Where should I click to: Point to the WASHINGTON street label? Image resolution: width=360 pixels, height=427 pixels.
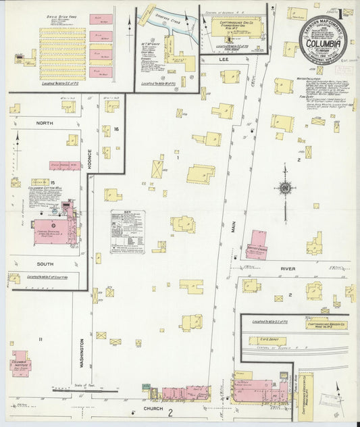click(x=82, y=353)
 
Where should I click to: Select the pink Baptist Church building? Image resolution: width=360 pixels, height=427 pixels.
click(x=255, y=244)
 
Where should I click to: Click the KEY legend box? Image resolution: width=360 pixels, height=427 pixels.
click(x=128, y=230)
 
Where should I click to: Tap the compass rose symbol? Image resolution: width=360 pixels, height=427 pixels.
click(x=286, y=188)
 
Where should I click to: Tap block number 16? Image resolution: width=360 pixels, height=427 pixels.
click(x=116, y=129)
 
